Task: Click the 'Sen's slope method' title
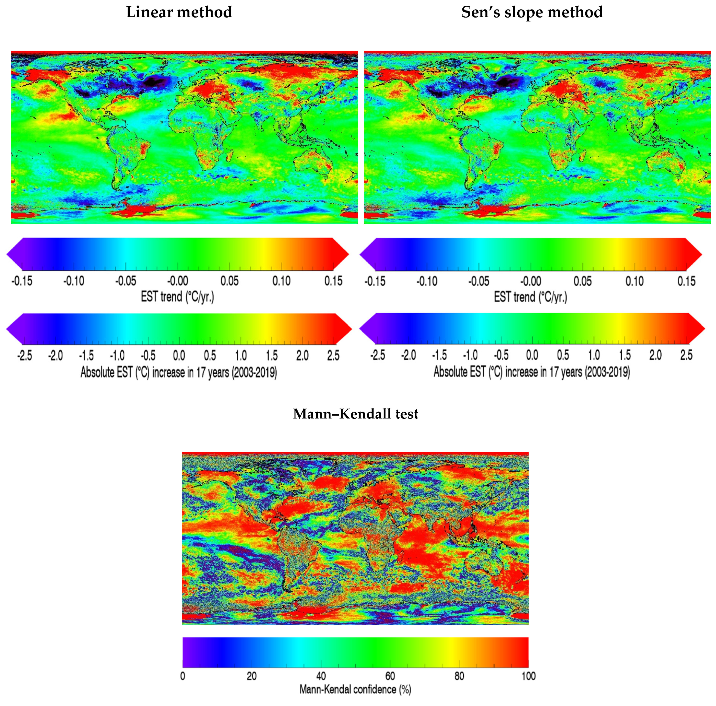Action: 532,12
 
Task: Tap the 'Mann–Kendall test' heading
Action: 355,413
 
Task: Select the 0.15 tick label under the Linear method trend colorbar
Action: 333,281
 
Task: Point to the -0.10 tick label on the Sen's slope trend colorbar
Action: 427,281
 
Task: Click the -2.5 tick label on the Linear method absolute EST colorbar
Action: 24,356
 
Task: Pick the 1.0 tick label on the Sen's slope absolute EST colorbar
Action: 594,355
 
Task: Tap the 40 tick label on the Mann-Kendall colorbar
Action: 321,676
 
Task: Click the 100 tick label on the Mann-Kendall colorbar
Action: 528,676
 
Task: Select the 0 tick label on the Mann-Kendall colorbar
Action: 183,676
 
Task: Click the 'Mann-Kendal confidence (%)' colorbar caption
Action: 355,689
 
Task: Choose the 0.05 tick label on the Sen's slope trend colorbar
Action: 582,281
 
